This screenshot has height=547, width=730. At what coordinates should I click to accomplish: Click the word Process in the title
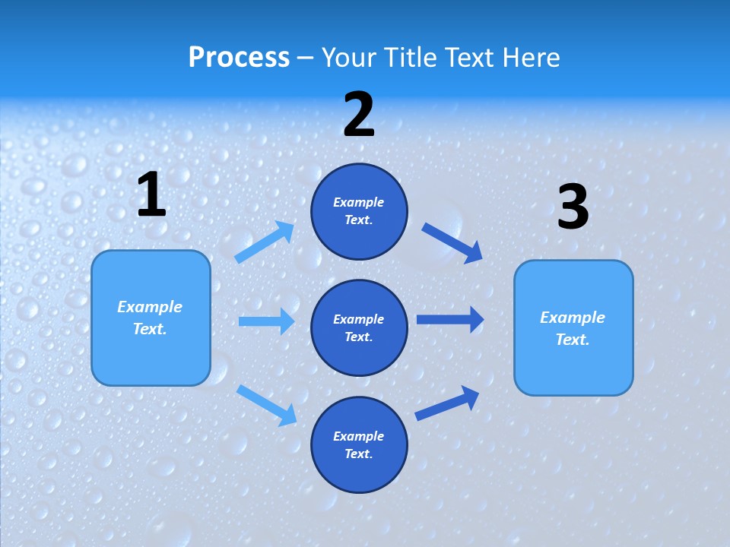(239, 58)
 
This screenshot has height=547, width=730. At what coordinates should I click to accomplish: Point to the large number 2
(359, 115)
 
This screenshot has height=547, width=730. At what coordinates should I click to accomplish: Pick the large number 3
(573, 207)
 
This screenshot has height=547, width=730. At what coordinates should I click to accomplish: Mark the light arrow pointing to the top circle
(265, 242)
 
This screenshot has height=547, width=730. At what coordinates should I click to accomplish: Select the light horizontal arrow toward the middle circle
(266, 321)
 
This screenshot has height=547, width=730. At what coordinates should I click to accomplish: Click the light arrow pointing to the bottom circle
(267, 405)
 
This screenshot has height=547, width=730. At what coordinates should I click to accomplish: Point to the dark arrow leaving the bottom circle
(447, 403)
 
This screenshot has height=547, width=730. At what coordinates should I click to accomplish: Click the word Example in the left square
(150, 307)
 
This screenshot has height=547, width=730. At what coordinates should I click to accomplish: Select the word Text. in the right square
(573, 340)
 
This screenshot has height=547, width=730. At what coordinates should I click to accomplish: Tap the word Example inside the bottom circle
(359, 436)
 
